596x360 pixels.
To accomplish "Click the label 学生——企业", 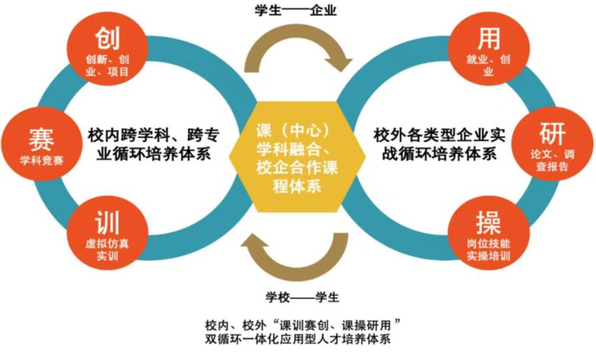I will [x=297, y=12].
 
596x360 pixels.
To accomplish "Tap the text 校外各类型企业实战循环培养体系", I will [x=445, y=143].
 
